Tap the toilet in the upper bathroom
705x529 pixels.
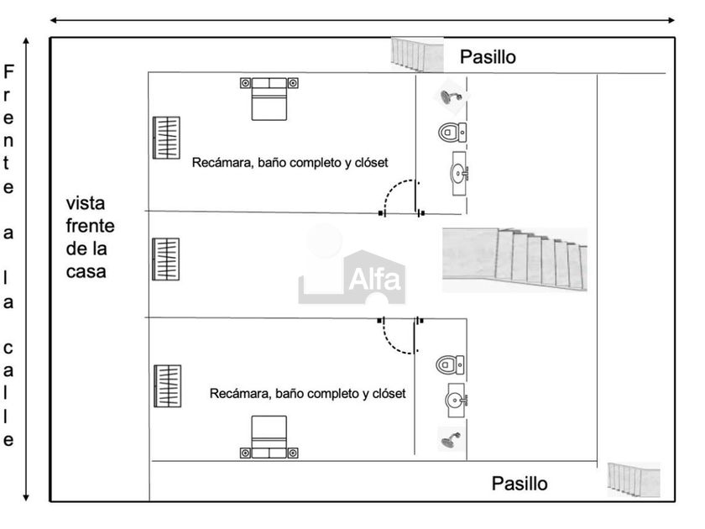coord(452,132)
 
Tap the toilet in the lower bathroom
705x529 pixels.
coord(450,364)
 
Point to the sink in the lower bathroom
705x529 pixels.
coord(457,401)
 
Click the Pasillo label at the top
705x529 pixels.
coord(488,57)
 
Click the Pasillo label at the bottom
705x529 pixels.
coord(520,484)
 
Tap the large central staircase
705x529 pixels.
coord(514,259)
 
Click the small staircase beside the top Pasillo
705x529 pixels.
coord(417,55)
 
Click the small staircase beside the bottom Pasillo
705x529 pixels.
coord(634,479)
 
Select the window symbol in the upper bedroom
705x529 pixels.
coord(166,137)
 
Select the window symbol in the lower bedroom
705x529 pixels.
coord(167,385)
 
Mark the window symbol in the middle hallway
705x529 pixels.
coord(165,259)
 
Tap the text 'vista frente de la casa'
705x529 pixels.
coord(91,238)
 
